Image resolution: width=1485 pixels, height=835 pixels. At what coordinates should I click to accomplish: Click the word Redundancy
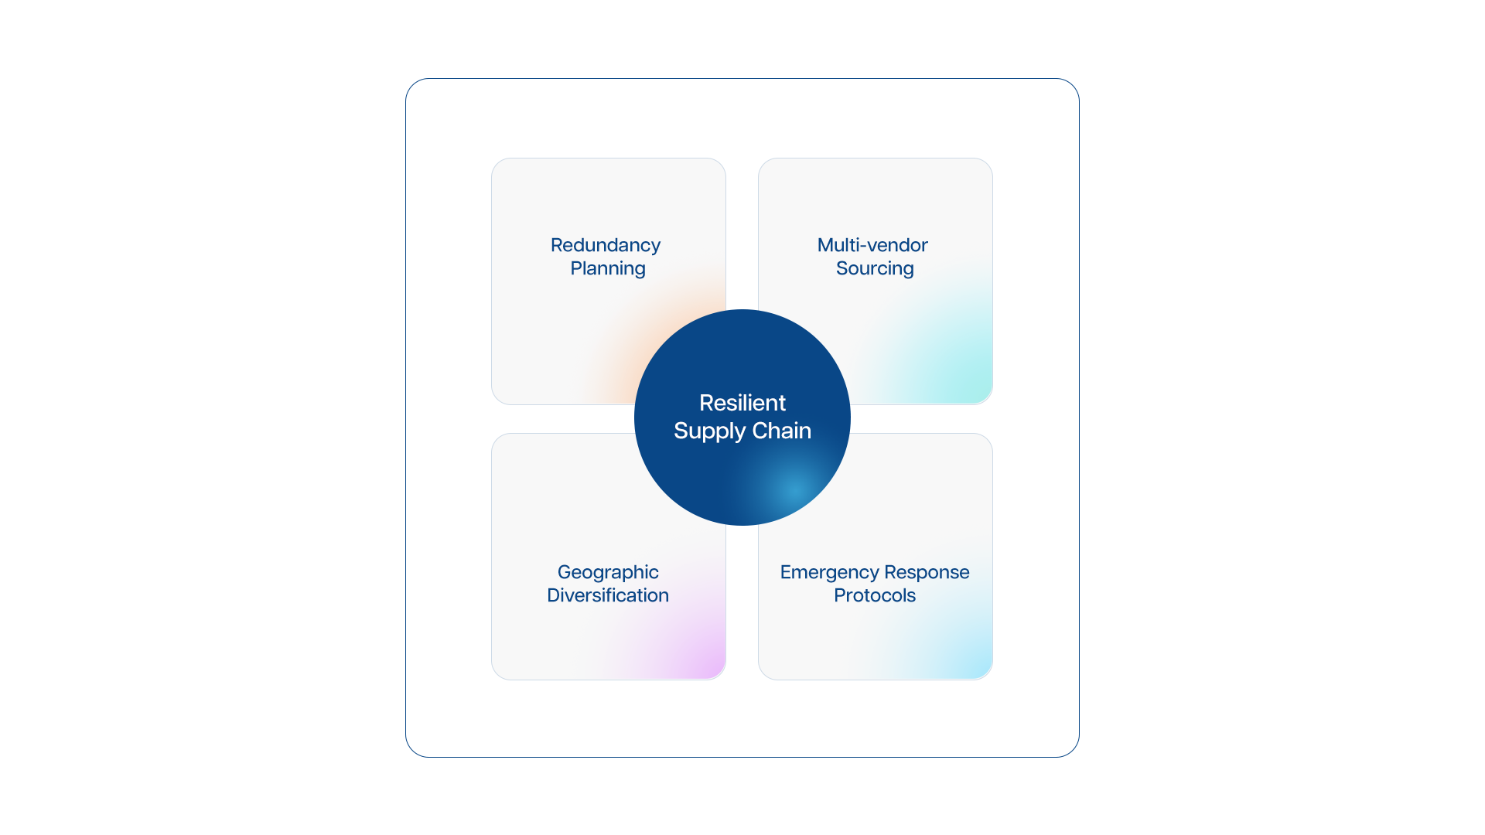pos(606,246)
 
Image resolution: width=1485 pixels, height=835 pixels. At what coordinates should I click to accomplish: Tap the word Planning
pos(608,269)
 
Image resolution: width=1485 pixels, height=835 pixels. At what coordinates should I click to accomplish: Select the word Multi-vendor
pos(872,245)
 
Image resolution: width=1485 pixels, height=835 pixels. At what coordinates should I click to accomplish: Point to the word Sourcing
pos(875,269)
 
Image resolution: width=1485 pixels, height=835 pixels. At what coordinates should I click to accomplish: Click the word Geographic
pos(608,573)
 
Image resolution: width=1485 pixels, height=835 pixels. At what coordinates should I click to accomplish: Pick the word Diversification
pos(608,595)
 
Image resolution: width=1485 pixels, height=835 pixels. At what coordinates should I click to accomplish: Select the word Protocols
pos(875,595)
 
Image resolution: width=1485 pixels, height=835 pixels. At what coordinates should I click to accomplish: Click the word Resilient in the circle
pos(742,403)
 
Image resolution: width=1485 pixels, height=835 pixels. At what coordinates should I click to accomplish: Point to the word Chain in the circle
pos(782,431)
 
